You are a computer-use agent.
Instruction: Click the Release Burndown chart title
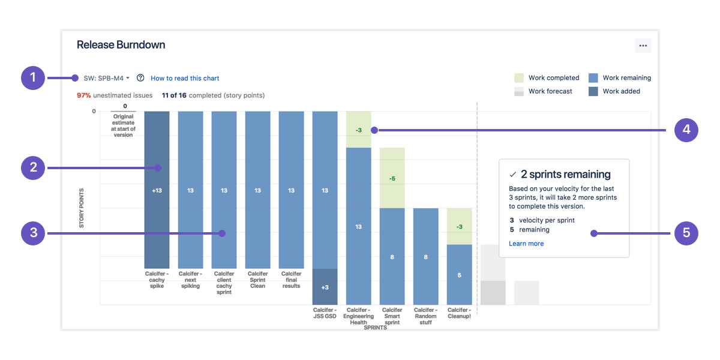click(121, 45)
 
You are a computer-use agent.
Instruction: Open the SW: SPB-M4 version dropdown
click(107, 78)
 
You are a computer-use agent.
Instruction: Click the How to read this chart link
click(185, 78)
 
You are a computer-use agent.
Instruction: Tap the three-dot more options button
click(643, 46)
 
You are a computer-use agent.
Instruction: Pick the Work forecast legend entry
click(543, 91)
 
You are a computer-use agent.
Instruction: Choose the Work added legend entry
click(614, 91)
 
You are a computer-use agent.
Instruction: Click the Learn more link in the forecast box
click(526, 244)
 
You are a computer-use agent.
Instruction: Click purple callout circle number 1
click(33, 78)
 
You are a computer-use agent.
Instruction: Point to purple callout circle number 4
click(686, 130)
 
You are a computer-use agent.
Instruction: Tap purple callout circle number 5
click(686, 233)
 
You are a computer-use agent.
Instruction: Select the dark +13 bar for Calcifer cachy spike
click(157, 190)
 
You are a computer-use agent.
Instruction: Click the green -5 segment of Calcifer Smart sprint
click(392, 178)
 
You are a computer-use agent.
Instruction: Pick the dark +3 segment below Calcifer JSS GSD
click(325, 287)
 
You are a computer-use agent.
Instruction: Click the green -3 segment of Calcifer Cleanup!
click(459, 226)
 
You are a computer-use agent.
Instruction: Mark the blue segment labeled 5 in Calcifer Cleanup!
click(459, 275)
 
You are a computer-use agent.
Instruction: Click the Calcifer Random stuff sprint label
click(425, 316)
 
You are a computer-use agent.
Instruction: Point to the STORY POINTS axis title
click(82, 208)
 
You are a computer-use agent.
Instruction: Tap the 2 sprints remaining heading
click(565, 175)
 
